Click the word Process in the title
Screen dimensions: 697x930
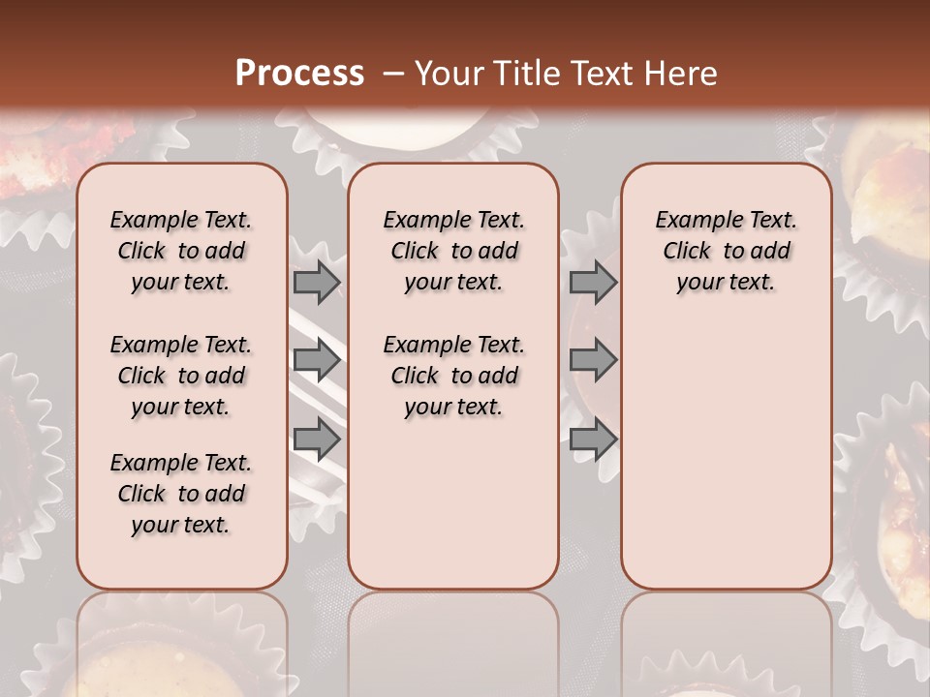(299, 74)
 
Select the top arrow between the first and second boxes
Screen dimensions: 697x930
(316, 282)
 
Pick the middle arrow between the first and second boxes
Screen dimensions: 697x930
(316, 361)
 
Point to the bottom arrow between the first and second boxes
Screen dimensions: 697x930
(316, 440)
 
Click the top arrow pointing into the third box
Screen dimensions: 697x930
(593, 282)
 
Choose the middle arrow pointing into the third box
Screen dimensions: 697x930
(593, 361)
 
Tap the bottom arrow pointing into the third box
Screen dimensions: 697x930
(593, 440)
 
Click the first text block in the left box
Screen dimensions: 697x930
(181, 251)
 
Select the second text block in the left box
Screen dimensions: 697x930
(181, 376)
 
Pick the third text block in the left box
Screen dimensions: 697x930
(181, 494)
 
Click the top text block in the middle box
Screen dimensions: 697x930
(453, 251)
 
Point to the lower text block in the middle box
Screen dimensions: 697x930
(453, 376)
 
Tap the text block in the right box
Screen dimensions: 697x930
(727, 251)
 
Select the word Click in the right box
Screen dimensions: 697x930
(687, 251)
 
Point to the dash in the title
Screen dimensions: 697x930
(393, 74)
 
